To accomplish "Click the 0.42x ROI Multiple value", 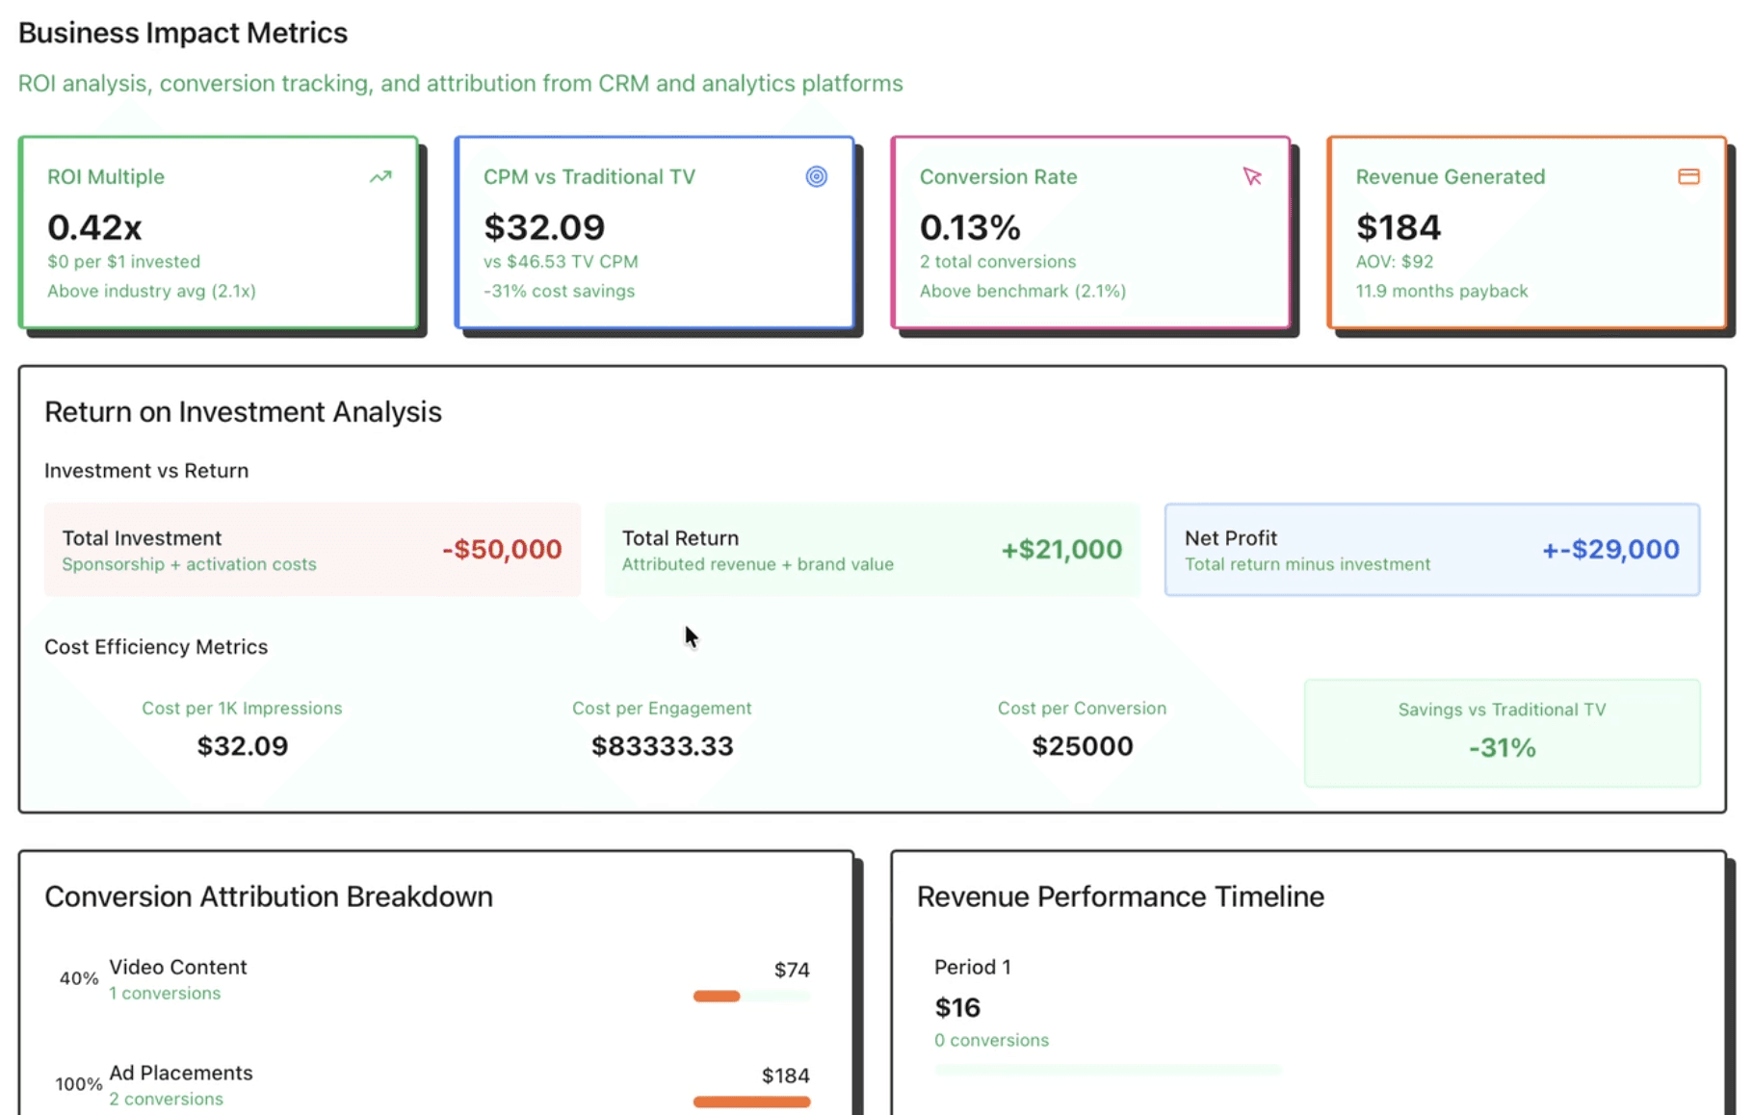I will click(x=94, y=227).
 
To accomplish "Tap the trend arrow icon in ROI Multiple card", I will click(x=380, y=177).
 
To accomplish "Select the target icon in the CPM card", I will click(x=816, y=177).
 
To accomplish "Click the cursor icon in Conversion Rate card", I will click(x=1252, y=177).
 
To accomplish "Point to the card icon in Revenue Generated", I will click(x=1688, y=177).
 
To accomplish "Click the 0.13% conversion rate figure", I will click(x=969, y=227).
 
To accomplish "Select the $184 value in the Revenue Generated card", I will click(x=1398, y=227).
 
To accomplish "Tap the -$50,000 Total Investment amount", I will click(x=502, y=549).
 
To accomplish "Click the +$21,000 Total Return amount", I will click(x=1061, y=549).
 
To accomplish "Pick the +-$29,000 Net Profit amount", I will click(x=1610, y=549).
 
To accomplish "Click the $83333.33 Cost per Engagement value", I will click(x=662, y=746).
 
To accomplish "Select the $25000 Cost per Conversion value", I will click(x=1082, y=746).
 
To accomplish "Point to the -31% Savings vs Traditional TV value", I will click(x=1502, y=748).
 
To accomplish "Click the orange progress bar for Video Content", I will click(x=717, y=997).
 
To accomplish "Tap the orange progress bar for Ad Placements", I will click(x=751, y=1102).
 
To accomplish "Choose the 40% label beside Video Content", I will click(x=79, y=978).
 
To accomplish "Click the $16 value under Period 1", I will click(x=957, y=1008).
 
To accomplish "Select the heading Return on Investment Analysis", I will click(x=243, y=412).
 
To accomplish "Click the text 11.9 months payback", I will click(x=1441, y=291).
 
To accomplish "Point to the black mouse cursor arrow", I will click(x=691, y=636).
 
